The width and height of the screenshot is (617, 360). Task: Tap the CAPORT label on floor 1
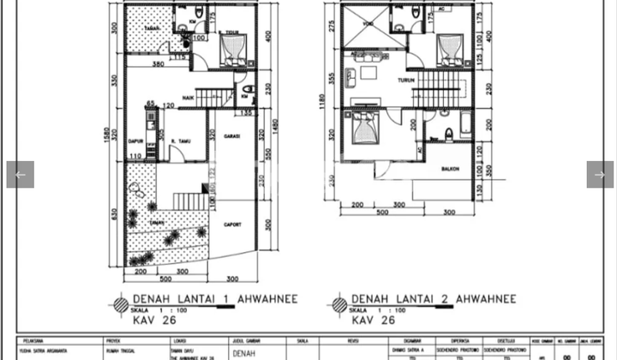pyautogui.click(x=232, y=225)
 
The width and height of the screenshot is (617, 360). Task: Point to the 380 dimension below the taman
pyautogui.click(x=159, y=64)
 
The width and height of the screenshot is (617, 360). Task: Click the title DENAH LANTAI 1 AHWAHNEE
pyautogui.click(x=202, y=300)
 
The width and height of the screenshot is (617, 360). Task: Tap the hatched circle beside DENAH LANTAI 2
pyautogui.click(x=338, y=303)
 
